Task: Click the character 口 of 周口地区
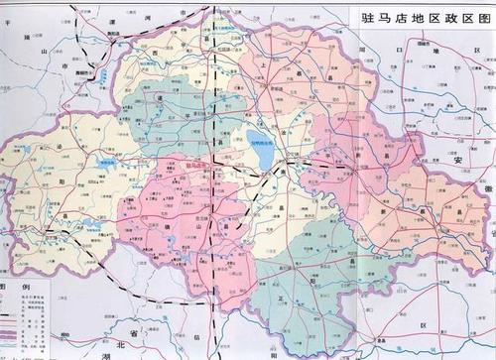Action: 396,47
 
